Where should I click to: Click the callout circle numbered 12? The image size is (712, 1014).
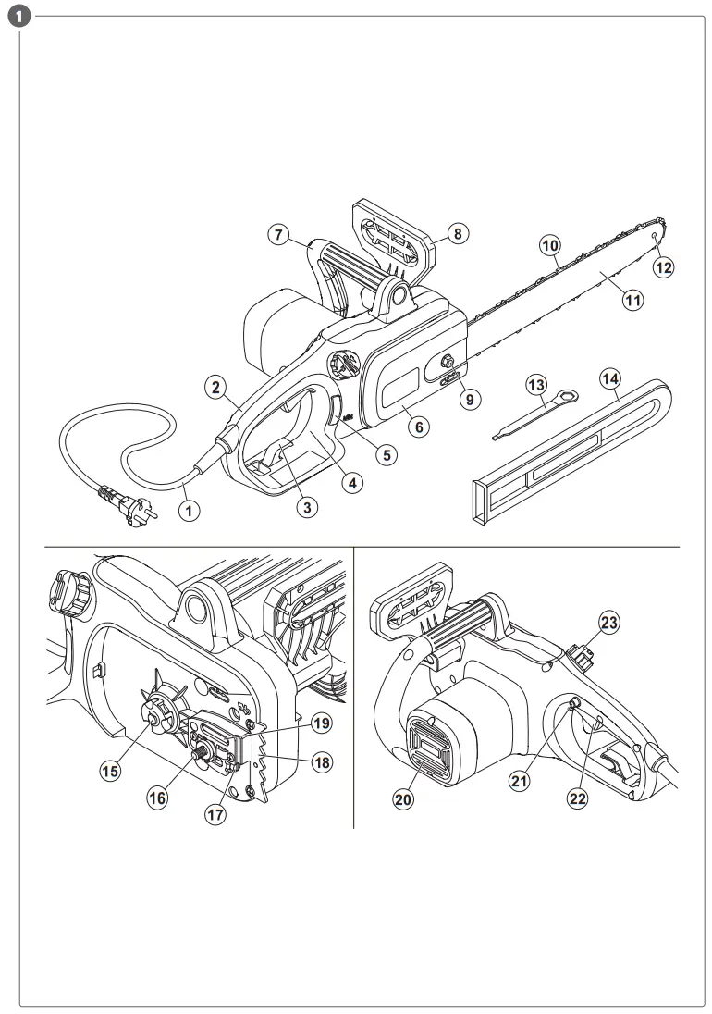[x=664, y=267]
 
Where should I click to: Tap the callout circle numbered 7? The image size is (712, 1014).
[x=279, y=234]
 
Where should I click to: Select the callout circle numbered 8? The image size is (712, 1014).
[x=457, y=234]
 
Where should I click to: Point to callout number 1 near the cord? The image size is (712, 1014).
[x=189, y=509]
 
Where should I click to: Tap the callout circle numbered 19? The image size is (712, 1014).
[x=320, y=721]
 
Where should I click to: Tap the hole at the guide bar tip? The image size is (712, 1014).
[x=653, y=237]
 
